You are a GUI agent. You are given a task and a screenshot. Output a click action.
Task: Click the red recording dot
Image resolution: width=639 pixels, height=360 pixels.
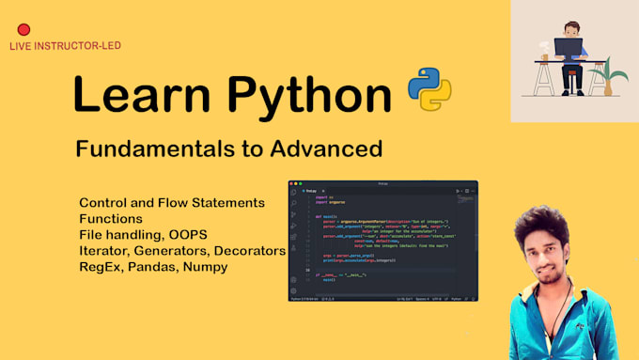click(x=23, y=30)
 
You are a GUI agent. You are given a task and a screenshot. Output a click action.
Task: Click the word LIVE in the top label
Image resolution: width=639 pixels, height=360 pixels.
click(x=21, y=46)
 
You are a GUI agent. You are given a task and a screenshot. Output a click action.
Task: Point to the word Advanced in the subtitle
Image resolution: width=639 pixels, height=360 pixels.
click(x=335, y=149)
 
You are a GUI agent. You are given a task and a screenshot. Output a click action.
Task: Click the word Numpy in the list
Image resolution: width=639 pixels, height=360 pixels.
click(x=221, y=267)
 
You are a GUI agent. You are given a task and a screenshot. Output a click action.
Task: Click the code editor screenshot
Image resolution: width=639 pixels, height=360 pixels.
click(x=382, y=241)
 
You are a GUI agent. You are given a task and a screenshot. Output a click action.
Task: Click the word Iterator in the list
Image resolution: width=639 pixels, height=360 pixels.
click(x=106, y=251)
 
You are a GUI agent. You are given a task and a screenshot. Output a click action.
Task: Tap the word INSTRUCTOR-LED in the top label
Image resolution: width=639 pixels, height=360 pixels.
click(x=79, y=46)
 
